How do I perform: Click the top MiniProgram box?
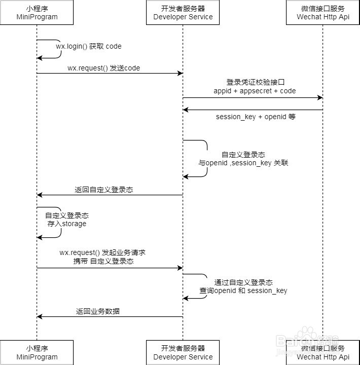tap(37, 13)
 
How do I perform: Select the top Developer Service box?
tap(183, 13)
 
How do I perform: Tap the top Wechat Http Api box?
tap(323, 13)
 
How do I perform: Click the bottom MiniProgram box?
tap(37, 352)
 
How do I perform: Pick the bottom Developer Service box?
tap(183, 352)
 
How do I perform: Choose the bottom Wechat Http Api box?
tap(323, 352)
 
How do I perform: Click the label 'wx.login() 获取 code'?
tap(89, 46)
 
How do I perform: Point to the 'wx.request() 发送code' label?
tap(103, 68)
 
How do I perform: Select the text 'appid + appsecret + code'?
tap(255, 91)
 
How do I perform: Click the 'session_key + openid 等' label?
tap(256, 117)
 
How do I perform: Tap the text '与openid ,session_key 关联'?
tap(243, 163)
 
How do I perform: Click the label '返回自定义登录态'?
tap(104, 190)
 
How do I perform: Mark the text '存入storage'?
tap(67, 224)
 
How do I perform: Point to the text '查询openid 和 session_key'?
tap(243, 290)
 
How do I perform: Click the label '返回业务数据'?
tap(98, 311)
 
